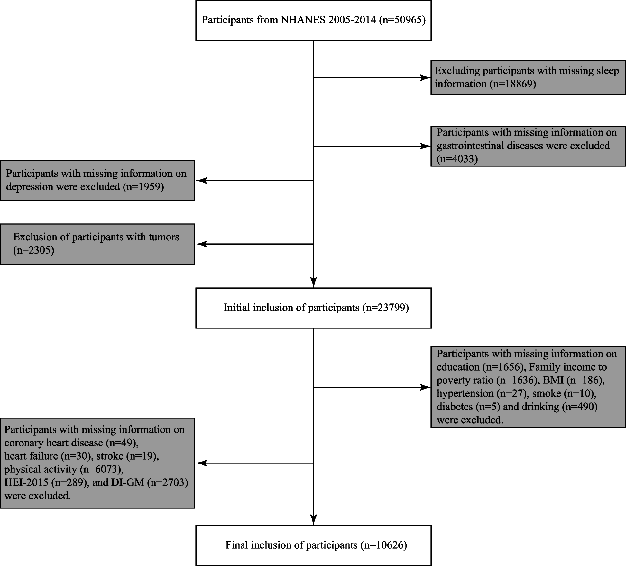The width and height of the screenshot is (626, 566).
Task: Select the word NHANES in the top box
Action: tap(303, 20)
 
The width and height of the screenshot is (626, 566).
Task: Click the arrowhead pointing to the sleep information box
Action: tap(425, 77)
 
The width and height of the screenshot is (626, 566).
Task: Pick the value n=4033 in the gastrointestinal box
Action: tap(457, 159)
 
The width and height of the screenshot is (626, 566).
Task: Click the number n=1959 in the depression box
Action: tap(143, 186)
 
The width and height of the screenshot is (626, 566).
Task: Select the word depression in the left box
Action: tap(27, 187)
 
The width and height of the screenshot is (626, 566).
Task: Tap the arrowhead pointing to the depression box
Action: tap(201, 181)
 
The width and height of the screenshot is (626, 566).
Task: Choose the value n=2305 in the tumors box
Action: tap(33, 250)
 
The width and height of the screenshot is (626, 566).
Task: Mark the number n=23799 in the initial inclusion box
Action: tap(385, 308)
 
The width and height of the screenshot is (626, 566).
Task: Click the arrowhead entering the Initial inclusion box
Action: tap(313, 282)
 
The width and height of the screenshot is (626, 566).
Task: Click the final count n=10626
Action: tap(383, 545)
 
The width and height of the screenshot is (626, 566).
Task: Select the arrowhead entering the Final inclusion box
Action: tap(313, 520)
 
